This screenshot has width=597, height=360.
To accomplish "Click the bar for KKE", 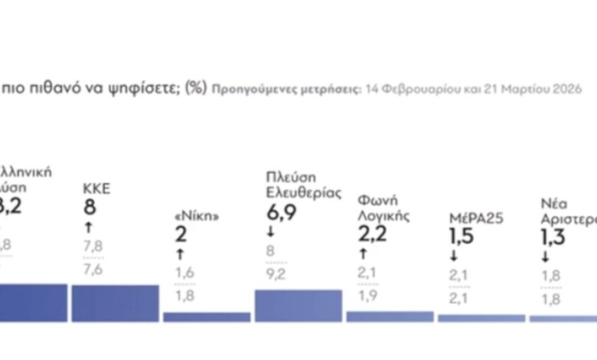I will [x=116, y=303].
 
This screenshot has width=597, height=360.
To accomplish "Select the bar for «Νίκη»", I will [x=207, y=316].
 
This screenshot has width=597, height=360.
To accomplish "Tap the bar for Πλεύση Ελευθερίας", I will [x=298, y=305].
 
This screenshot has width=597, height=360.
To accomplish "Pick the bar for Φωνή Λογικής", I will [x=390, y=316].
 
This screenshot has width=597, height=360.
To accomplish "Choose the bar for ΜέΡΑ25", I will [x=481, y=318].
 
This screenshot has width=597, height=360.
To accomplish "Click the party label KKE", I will [x=96, y=189].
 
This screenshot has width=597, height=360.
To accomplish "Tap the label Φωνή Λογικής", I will [x=384, y=208].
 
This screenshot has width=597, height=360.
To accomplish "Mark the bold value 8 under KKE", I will [x=90, y=208].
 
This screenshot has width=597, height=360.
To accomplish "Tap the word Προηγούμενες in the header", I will [x=246, y=89].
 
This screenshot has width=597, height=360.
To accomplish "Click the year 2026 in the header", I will [x=524, y=89].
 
